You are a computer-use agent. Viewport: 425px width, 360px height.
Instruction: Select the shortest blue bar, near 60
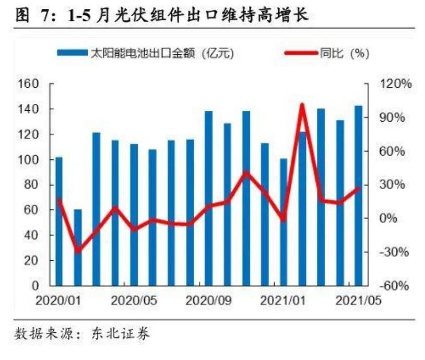78,248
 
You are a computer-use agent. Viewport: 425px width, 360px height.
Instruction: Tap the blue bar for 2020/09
208,199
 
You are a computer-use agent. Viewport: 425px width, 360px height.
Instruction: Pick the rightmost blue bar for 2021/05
358,196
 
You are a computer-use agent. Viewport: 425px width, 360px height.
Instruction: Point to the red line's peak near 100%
302,106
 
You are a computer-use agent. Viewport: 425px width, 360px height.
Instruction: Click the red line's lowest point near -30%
78,251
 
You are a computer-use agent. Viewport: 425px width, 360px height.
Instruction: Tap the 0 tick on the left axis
36,286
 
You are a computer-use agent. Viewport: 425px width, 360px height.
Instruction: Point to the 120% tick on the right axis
396,84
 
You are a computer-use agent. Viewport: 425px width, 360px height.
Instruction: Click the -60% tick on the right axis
395,286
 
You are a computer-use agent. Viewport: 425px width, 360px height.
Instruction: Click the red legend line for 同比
301,53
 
